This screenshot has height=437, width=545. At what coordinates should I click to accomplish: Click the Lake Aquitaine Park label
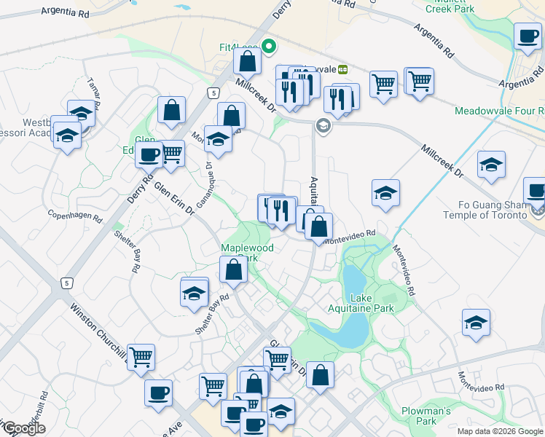(x=372, y=303)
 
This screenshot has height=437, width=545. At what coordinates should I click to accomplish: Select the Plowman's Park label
(x=429, y=416)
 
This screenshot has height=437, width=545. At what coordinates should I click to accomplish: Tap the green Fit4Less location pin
(x=269, y=48)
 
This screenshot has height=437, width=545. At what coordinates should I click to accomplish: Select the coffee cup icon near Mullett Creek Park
(x=527, y=36)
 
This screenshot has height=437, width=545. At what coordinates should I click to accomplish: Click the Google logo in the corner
(x=23, y=428)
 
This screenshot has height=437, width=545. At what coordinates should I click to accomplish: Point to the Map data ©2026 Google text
(x=500, y=431)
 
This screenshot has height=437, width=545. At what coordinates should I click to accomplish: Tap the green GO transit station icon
(x=342, y=68)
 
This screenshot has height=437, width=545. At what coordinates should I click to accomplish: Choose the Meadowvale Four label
(x=498, y=111)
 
